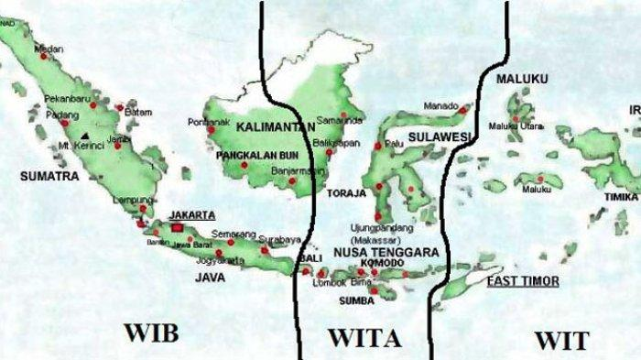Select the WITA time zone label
tap(364, 338)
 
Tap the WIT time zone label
tap(561, 341)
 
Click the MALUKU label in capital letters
tap(522, 80)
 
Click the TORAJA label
tap(346, 194)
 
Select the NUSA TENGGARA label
tap(386, 250)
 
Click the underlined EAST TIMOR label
tap(522, 281)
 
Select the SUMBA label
tap(357, 300)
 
